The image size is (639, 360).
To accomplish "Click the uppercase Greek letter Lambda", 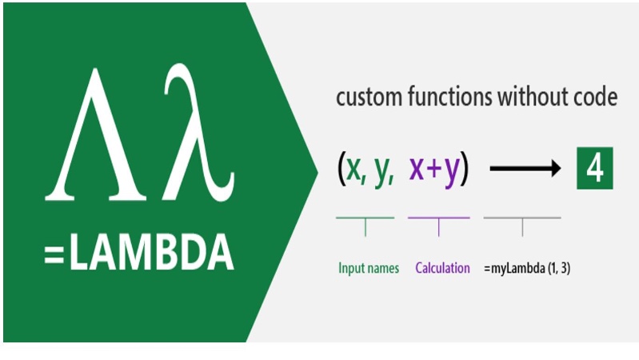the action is [96, 134].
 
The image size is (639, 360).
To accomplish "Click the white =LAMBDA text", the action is [139, 252].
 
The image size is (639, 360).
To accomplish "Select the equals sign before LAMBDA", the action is [54, 255].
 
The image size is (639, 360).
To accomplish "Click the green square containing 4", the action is [594, 168].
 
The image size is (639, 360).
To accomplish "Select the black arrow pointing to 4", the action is [525, 168].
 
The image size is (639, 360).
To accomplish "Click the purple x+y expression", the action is [434, 169].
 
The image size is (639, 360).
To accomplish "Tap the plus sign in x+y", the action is [434, 168].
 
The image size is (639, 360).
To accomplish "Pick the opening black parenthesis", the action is [341, 168].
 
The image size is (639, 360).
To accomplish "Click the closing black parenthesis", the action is [465, 168].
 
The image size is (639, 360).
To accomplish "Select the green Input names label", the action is [369, 268].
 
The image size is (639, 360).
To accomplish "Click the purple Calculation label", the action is [442, 268].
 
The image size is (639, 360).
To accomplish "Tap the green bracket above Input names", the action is [365, 218].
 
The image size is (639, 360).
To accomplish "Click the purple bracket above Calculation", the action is [439, 218].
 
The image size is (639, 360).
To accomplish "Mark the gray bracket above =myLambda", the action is [522, 218].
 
